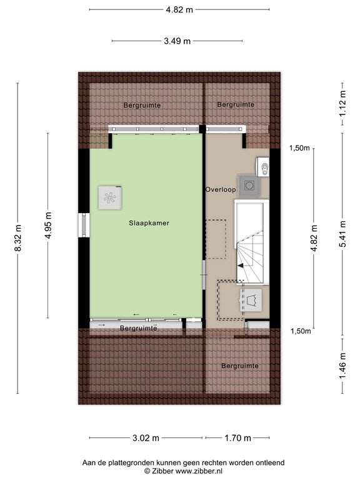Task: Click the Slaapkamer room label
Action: (149, 223)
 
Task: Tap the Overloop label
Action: (221, 189)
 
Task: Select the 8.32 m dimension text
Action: (18, 238)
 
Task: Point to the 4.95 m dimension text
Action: (48, 225)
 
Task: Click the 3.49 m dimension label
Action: (177, 41)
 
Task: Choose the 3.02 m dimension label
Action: (146, 438)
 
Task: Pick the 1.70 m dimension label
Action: (237, 438)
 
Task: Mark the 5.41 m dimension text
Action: (342, 234)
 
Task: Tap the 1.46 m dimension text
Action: (342, 366)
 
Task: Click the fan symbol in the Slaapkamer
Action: (110, 197)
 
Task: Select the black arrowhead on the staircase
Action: (241, 266)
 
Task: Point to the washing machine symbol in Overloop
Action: (249, 185)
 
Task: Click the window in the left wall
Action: (84, 225)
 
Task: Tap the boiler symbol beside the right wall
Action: (262, 167)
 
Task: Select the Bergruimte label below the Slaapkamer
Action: (138, 328)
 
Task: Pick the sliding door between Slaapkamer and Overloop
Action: (204, 275)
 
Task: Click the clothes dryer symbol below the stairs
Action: (251, 300)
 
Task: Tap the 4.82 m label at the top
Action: (179, 10)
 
